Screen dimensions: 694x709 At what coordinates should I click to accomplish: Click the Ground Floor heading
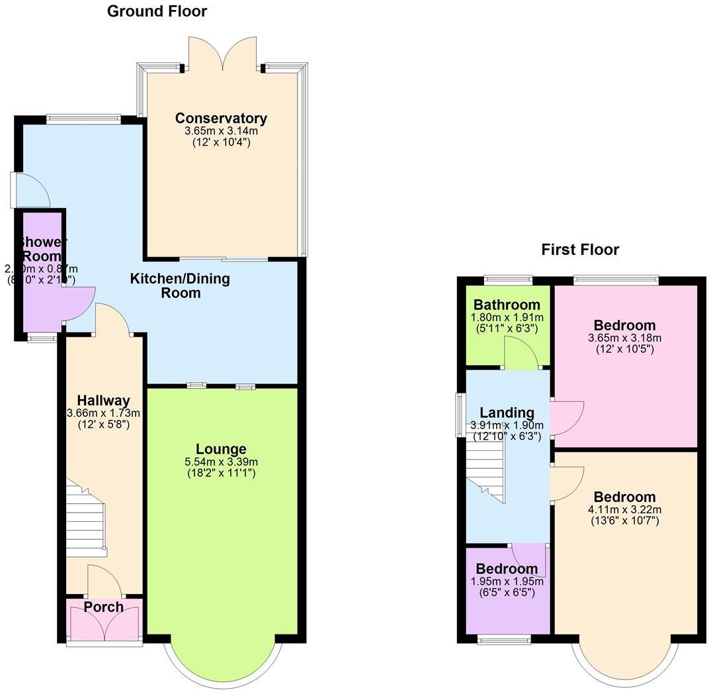coord(157,11)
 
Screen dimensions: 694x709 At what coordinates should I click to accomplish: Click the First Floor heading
coord(580,250)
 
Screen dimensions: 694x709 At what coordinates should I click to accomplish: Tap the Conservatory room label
coord(221,119)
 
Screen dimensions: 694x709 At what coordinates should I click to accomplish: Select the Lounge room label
coord(222,449)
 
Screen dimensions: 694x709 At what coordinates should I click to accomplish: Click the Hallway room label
coord(103,400)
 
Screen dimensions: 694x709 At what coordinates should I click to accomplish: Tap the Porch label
coord(104,607)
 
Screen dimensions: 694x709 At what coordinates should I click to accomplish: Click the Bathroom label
coord(507,305)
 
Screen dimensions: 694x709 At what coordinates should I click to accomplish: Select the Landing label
coord(507,413)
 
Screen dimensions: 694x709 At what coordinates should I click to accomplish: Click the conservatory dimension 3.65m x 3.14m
coord(221,132)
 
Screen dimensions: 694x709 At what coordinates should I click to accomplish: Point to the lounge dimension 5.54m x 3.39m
coord(222,462)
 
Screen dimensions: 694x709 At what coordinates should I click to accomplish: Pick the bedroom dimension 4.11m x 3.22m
coord(625,509)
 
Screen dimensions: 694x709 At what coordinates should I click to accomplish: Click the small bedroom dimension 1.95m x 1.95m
coord(507,581)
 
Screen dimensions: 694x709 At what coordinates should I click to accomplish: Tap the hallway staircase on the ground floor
coord(86,519)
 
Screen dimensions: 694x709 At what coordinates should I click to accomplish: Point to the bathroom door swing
coord(521,352)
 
